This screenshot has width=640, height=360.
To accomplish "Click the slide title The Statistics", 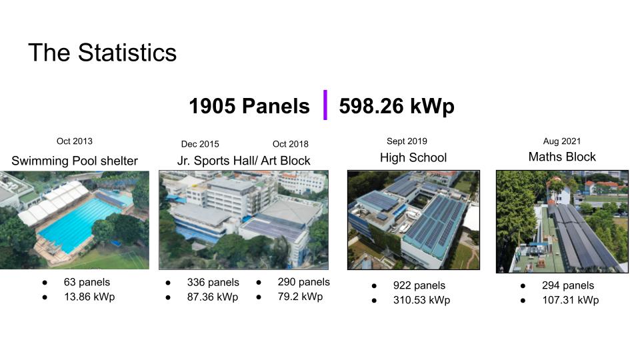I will (x=102, y=53).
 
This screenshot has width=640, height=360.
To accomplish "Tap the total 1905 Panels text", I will (x=249, y=106).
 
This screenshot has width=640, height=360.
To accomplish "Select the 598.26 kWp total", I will (x=397, y=106).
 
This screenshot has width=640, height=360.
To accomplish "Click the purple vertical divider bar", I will (x=325, y=105).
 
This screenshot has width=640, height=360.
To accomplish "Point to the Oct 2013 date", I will (x=75, y=141).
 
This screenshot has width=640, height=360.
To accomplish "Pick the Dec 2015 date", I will (x=200, y=144).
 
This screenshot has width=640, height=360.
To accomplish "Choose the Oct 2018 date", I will (x=291, y=144).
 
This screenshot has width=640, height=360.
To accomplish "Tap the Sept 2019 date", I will (x=407, y=141).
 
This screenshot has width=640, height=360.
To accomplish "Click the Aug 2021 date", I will (x=562, y=141).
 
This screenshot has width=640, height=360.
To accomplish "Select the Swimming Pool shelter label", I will (x=75, y=161).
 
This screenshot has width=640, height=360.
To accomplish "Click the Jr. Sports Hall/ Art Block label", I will (x=243, y=161).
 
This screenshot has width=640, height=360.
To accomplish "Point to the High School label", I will (x=413, y=158).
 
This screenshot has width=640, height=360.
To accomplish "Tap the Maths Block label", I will (x=562, y=157).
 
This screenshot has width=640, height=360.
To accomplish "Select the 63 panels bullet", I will (x=87, y=282).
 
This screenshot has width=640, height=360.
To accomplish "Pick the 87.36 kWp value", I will (x=213, y=297).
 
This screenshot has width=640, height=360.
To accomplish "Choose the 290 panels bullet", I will (x=303, y=282).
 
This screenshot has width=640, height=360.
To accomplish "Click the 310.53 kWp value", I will (x=421, y=300).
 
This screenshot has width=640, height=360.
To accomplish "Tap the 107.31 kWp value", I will (x=570, y=300).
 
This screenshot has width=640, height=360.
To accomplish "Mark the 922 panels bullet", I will (x=419, y=285).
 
